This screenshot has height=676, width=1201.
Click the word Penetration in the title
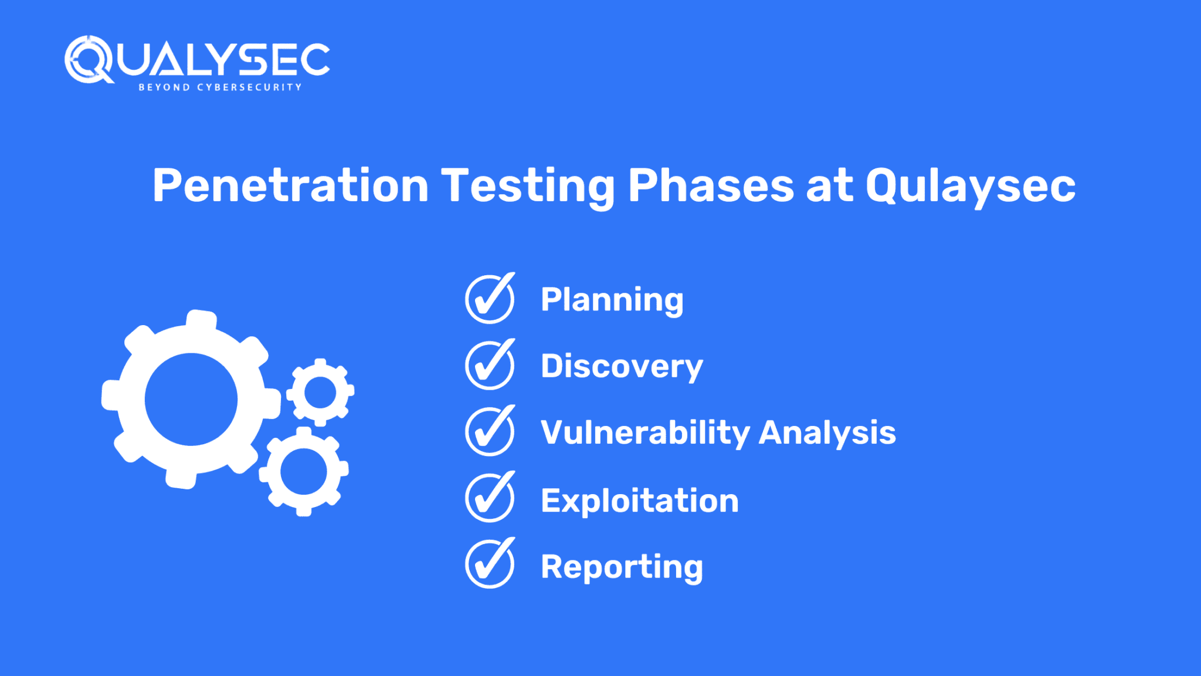(x=290, y=185)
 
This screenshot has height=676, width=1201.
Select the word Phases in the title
(x=711, y=185)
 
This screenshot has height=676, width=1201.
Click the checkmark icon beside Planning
(x=490, y=299)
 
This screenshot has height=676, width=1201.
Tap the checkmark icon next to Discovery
(x=490, y=366)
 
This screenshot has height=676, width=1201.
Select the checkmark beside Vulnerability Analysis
(x=490, y=432)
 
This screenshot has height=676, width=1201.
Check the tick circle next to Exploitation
(x=490, y=498)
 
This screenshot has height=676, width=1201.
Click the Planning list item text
(x=612, y=300)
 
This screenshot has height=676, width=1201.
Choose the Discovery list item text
(x=622, y=367)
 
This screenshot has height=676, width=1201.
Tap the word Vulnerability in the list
(x=645, y=433)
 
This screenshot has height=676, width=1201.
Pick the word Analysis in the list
(x=827, y=433)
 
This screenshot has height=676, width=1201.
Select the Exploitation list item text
(x=639, y=501)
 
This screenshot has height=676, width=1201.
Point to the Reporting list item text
(x=622, y=567)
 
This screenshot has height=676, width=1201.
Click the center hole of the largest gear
(x=191, y=400)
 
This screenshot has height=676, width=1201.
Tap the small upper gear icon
(x=320, y=392)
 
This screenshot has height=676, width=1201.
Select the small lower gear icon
(x=304, y=471)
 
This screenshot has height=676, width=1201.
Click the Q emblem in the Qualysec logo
(x=88, y=60)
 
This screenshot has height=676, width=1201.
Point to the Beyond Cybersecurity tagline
(x=220, y=87)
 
